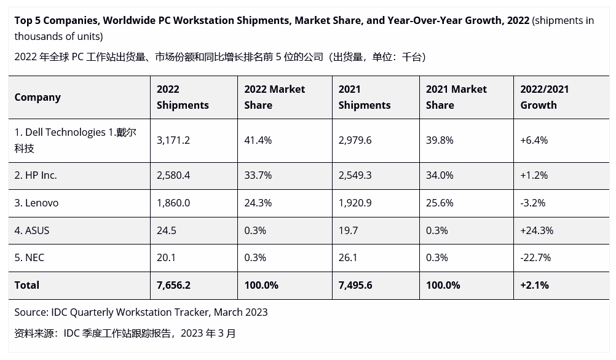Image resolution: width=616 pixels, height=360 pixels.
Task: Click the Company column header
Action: (38, 97)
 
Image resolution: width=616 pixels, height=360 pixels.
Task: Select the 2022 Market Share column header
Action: (274, 97)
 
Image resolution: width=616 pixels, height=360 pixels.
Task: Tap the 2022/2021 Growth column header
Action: (544, 97)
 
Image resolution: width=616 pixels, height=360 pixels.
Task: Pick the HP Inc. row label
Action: (36, 175)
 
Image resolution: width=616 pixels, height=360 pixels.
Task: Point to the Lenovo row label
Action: (36, 203)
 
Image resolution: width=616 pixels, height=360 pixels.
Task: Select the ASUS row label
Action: (32, 230)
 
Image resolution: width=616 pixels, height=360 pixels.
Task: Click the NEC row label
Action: (30, 257)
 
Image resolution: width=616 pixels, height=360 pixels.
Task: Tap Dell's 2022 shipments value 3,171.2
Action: (173, 140)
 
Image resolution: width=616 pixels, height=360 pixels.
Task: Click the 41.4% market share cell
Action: (258, 140)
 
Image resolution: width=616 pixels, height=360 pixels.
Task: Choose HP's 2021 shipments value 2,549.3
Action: (355, 175)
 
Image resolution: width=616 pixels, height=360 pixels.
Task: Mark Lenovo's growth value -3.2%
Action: (532, 203)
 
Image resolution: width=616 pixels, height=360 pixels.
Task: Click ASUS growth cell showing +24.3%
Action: (537, 230)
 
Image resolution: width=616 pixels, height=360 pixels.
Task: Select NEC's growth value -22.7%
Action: (535, 257)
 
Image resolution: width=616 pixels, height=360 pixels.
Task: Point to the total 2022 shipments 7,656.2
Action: (173, 285)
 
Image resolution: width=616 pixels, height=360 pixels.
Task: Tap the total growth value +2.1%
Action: (534, 285)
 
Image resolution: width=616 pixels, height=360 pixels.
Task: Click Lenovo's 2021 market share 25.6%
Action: (440, 203)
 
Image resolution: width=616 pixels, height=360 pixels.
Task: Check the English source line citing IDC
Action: (141, 312)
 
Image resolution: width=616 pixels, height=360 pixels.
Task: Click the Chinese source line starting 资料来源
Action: (125, 334)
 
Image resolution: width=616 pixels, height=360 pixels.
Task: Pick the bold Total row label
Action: (27, 285)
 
